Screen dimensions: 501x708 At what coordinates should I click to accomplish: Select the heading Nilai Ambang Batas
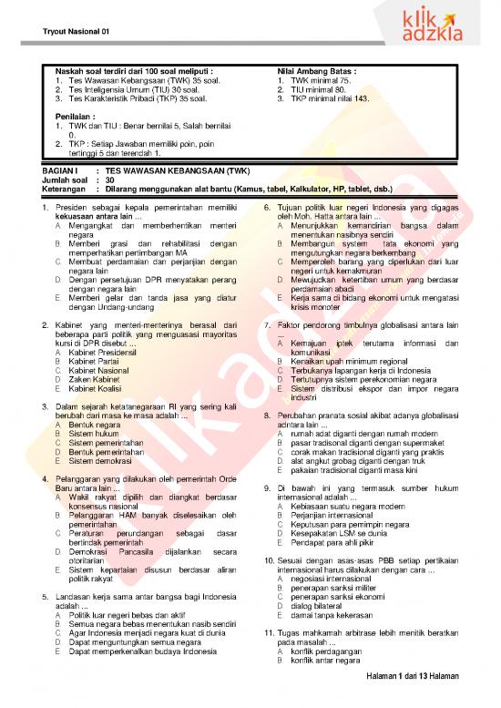pyautogui.click(x=316, y=69)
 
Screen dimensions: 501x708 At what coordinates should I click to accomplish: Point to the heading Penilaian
pyautogui.click(x=73, y=117)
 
